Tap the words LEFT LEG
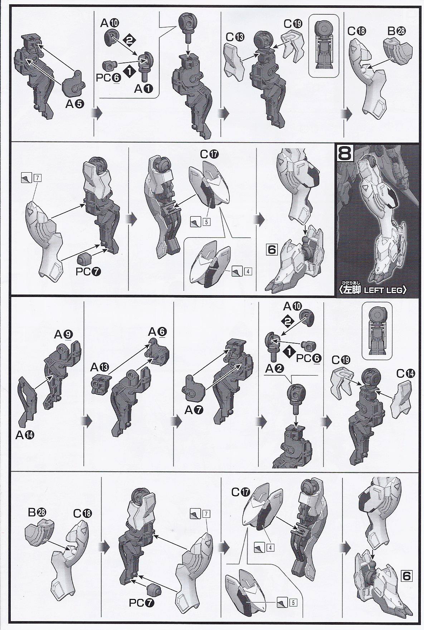[x=385, y=290]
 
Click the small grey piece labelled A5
[x=72, y=84]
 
